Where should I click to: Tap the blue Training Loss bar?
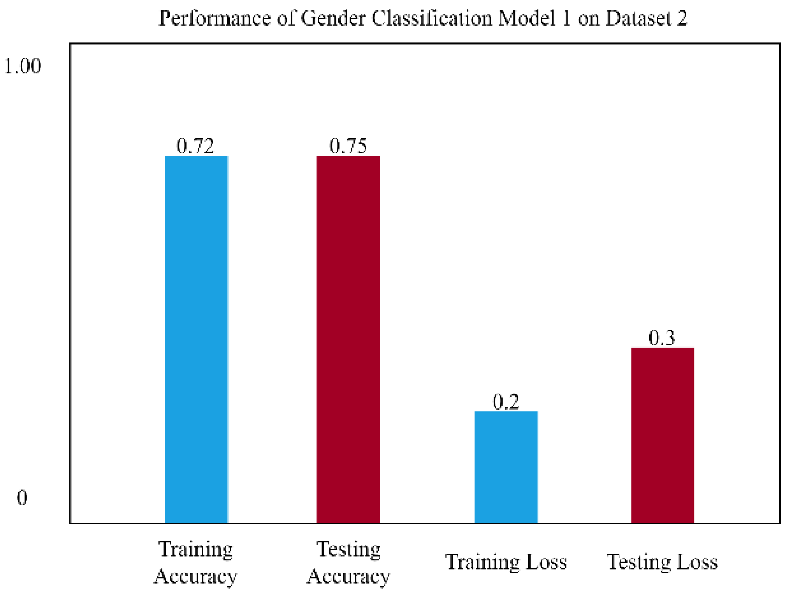point(506,467)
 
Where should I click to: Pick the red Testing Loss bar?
point(662,435)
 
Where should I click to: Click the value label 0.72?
point(195,146)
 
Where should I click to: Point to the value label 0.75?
point(348,146)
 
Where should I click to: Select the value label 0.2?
point(506,402)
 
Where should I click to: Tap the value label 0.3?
point(662,338)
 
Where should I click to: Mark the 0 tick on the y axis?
point(22,498)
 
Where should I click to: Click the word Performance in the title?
point(214,18)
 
